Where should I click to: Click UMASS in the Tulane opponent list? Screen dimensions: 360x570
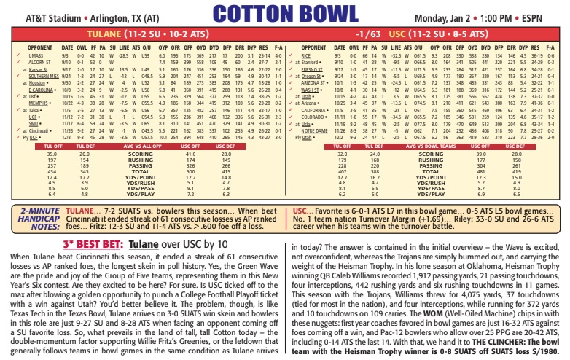[x=36, y=55]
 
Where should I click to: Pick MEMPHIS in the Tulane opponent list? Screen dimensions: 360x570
[x=39, y=103]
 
